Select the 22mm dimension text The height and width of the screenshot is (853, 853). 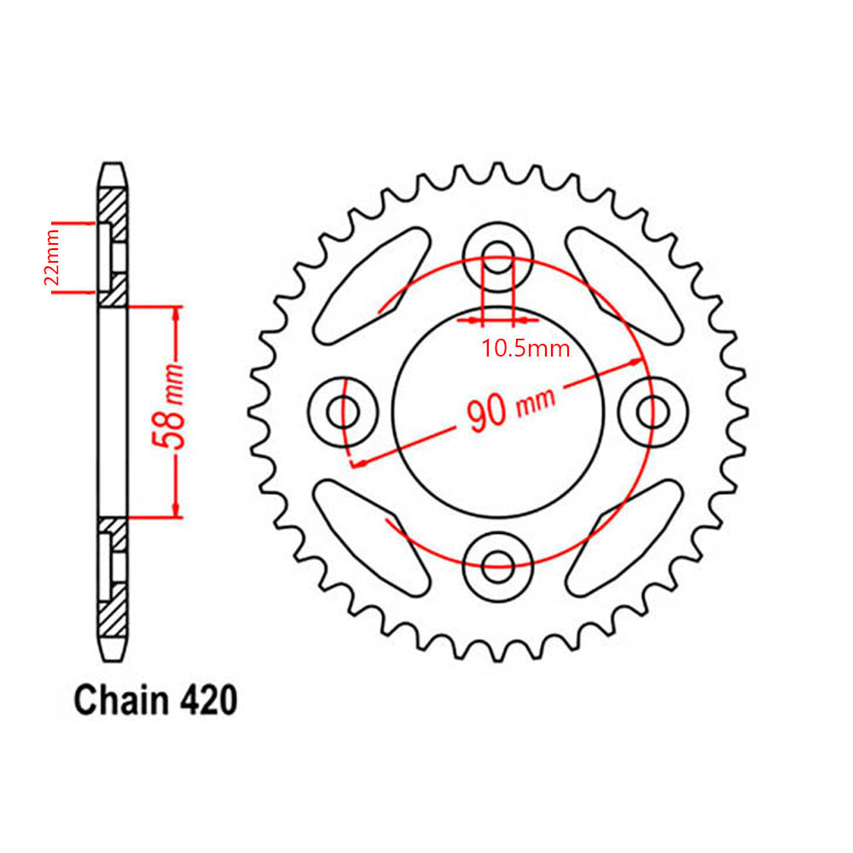(52, 258)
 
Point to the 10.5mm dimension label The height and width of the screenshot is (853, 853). (525, 348)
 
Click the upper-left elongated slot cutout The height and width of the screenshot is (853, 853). (371, 286)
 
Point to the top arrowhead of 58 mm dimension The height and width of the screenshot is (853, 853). (177, 313)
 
